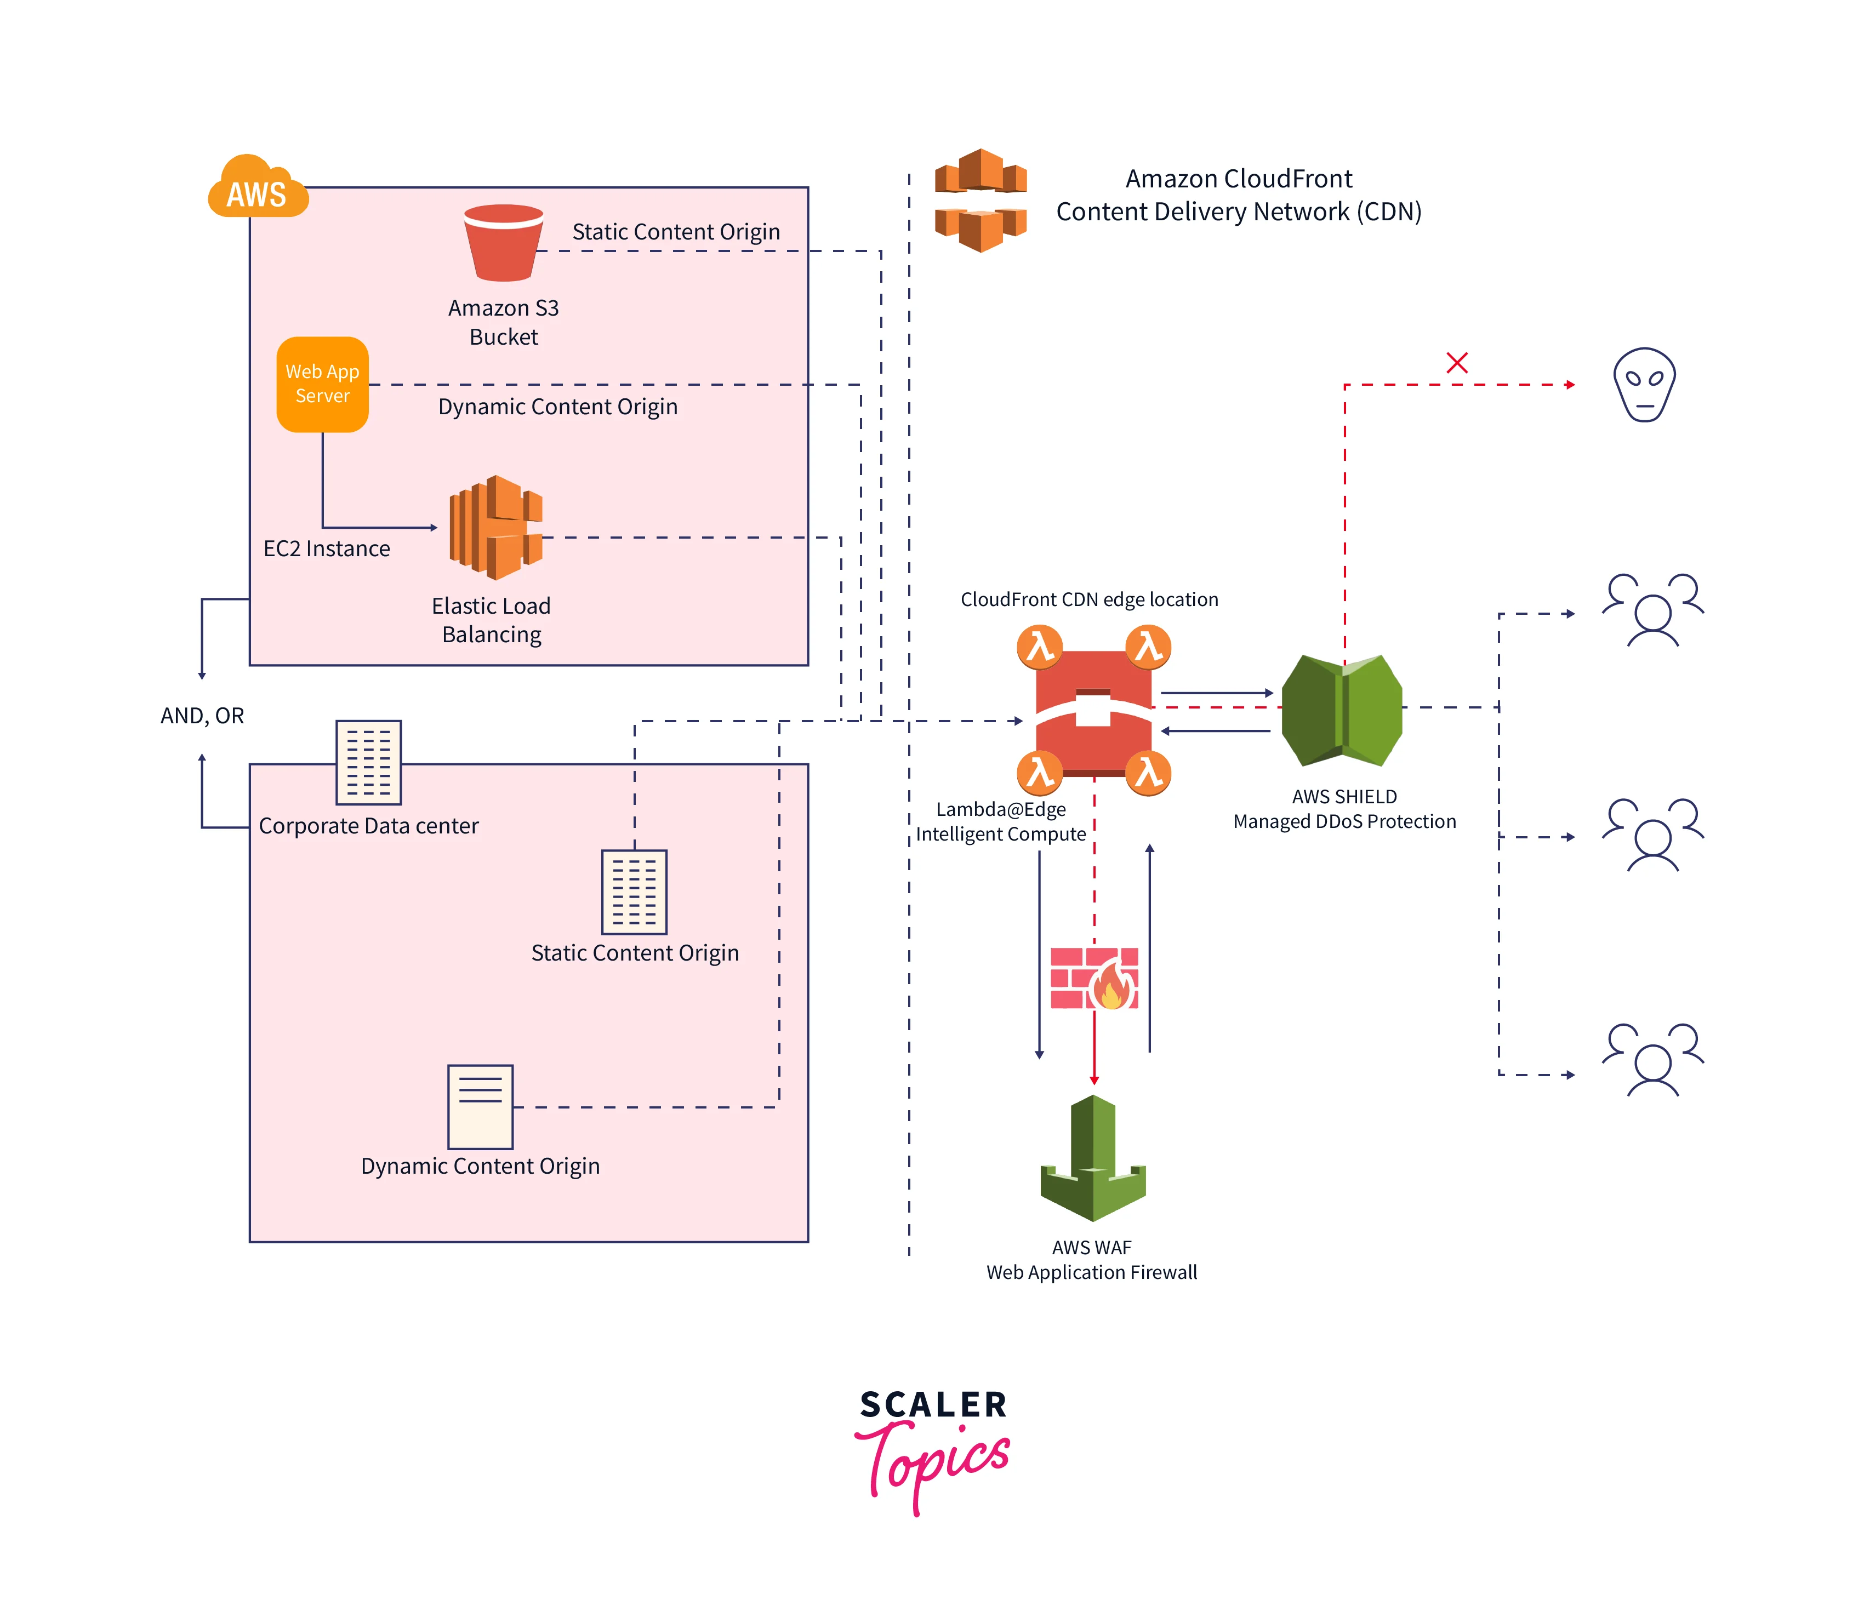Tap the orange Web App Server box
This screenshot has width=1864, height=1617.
point(322,385)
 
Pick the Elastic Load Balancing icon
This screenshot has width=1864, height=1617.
point(495,528)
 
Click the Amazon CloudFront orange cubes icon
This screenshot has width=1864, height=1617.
point(981,201)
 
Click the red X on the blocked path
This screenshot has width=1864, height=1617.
point(1456,363)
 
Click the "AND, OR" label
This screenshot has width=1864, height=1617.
point(202,716)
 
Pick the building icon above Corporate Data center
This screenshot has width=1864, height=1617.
point(368,763)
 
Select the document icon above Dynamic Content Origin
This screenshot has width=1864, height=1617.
point(480,1106)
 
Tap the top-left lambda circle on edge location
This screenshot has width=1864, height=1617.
point(1040,647)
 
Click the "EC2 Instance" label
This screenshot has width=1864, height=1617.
point(327,548)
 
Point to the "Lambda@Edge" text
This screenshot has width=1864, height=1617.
point(1000,809)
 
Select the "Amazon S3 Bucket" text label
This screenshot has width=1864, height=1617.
point(504,322)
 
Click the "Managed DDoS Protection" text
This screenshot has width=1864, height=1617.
point(1344,821)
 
